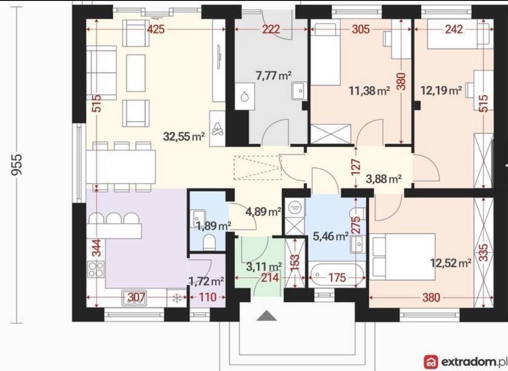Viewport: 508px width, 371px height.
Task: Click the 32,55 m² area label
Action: [184, 136]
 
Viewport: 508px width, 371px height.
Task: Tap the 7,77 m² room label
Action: [274, 76]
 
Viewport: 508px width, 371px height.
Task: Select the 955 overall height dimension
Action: [17, 164]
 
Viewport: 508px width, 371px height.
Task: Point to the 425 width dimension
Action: [156, 29]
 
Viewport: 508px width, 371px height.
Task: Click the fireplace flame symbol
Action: [217, 128]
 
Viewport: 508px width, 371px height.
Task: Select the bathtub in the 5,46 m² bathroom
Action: [337, 275]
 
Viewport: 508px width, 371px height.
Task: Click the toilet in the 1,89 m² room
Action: [209, 243]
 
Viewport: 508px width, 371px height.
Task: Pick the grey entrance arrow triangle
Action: [267, 315]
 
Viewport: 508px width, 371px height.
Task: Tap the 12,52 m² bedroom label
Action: [451, 263]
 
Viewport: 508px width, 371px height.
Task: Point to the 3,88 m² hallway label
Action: [384, 179]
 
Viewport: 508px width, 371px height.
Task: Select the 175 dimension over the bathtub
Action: [337, 277]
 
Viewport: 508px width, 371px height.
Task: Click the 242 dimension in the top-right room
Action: [454, 29]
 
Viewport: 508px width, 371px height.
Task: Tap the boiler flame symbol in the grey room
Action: [244, 96]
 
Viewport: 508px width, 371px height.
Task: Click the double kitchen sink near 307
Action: [134, 298]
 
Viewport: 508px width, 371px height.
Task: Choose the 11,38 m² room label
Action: [369, 91]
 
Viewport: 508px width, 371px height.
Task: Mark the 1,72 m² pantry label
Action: [206, 281]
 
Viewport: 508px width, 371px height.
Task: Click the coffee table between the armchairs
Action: [136, 73]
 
